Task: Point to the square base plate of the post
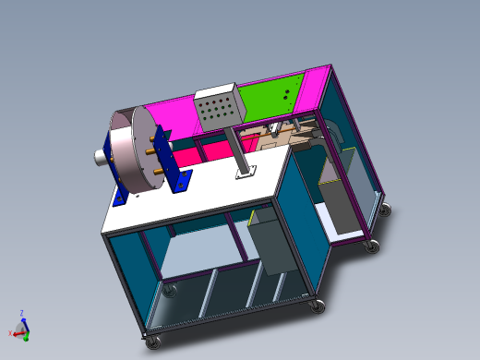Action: (246, 174)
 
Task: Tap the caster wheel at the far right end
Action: (384, 210)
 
